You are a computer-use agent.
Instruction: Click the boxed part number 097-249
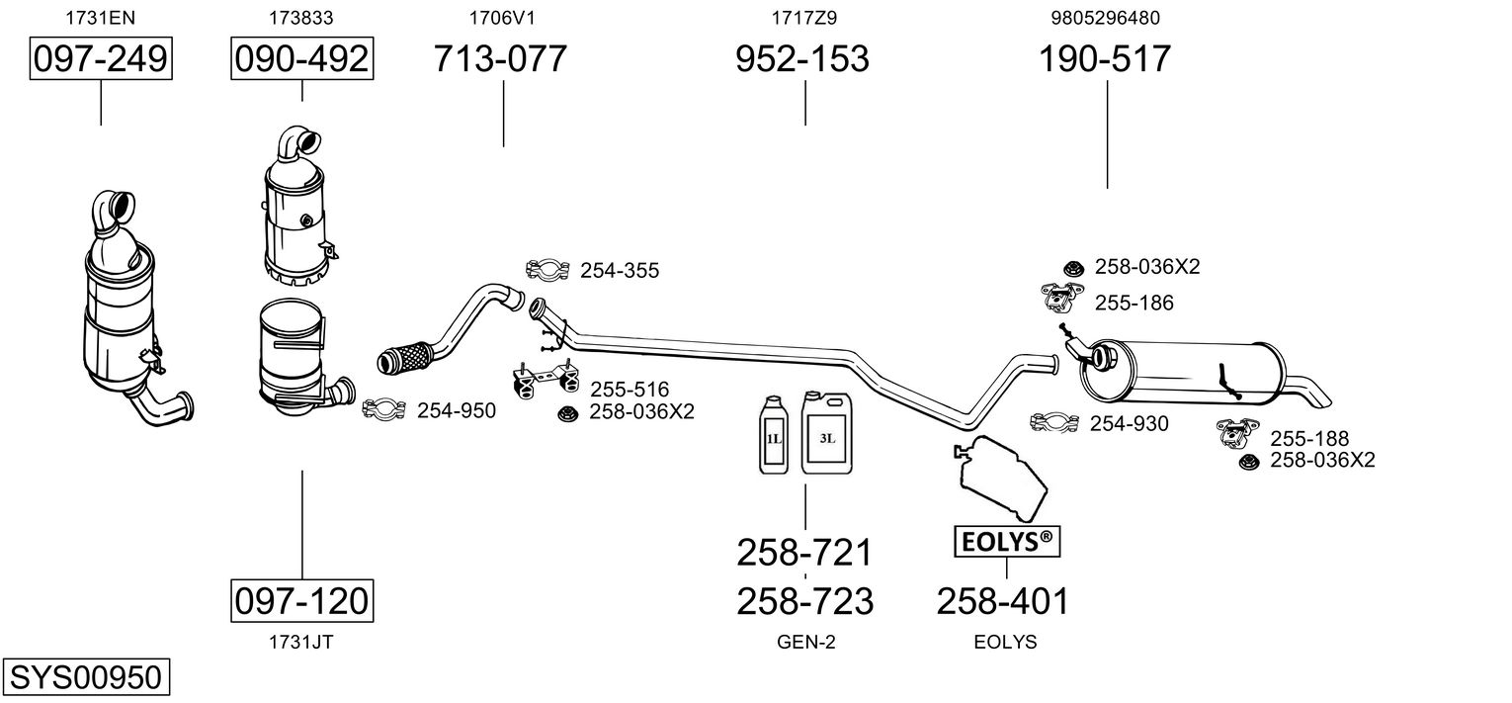101,59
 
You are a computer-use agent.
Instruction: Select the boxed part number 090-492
302,59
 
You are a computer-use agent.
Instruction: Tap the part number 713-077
501,59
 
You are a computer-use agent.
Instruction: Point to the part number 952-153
802,59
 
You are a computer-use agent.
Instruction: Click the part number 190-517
1104,59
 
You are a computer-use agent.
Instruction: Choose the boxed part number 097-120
302,600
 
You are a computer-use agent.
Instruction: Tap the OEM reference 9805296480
1105,18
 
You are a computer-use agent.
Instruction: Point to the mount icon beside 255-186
1063,296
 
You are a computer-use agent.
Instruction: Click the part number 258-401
1002,600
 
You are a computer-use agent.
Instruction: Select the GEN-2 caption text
805,642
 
